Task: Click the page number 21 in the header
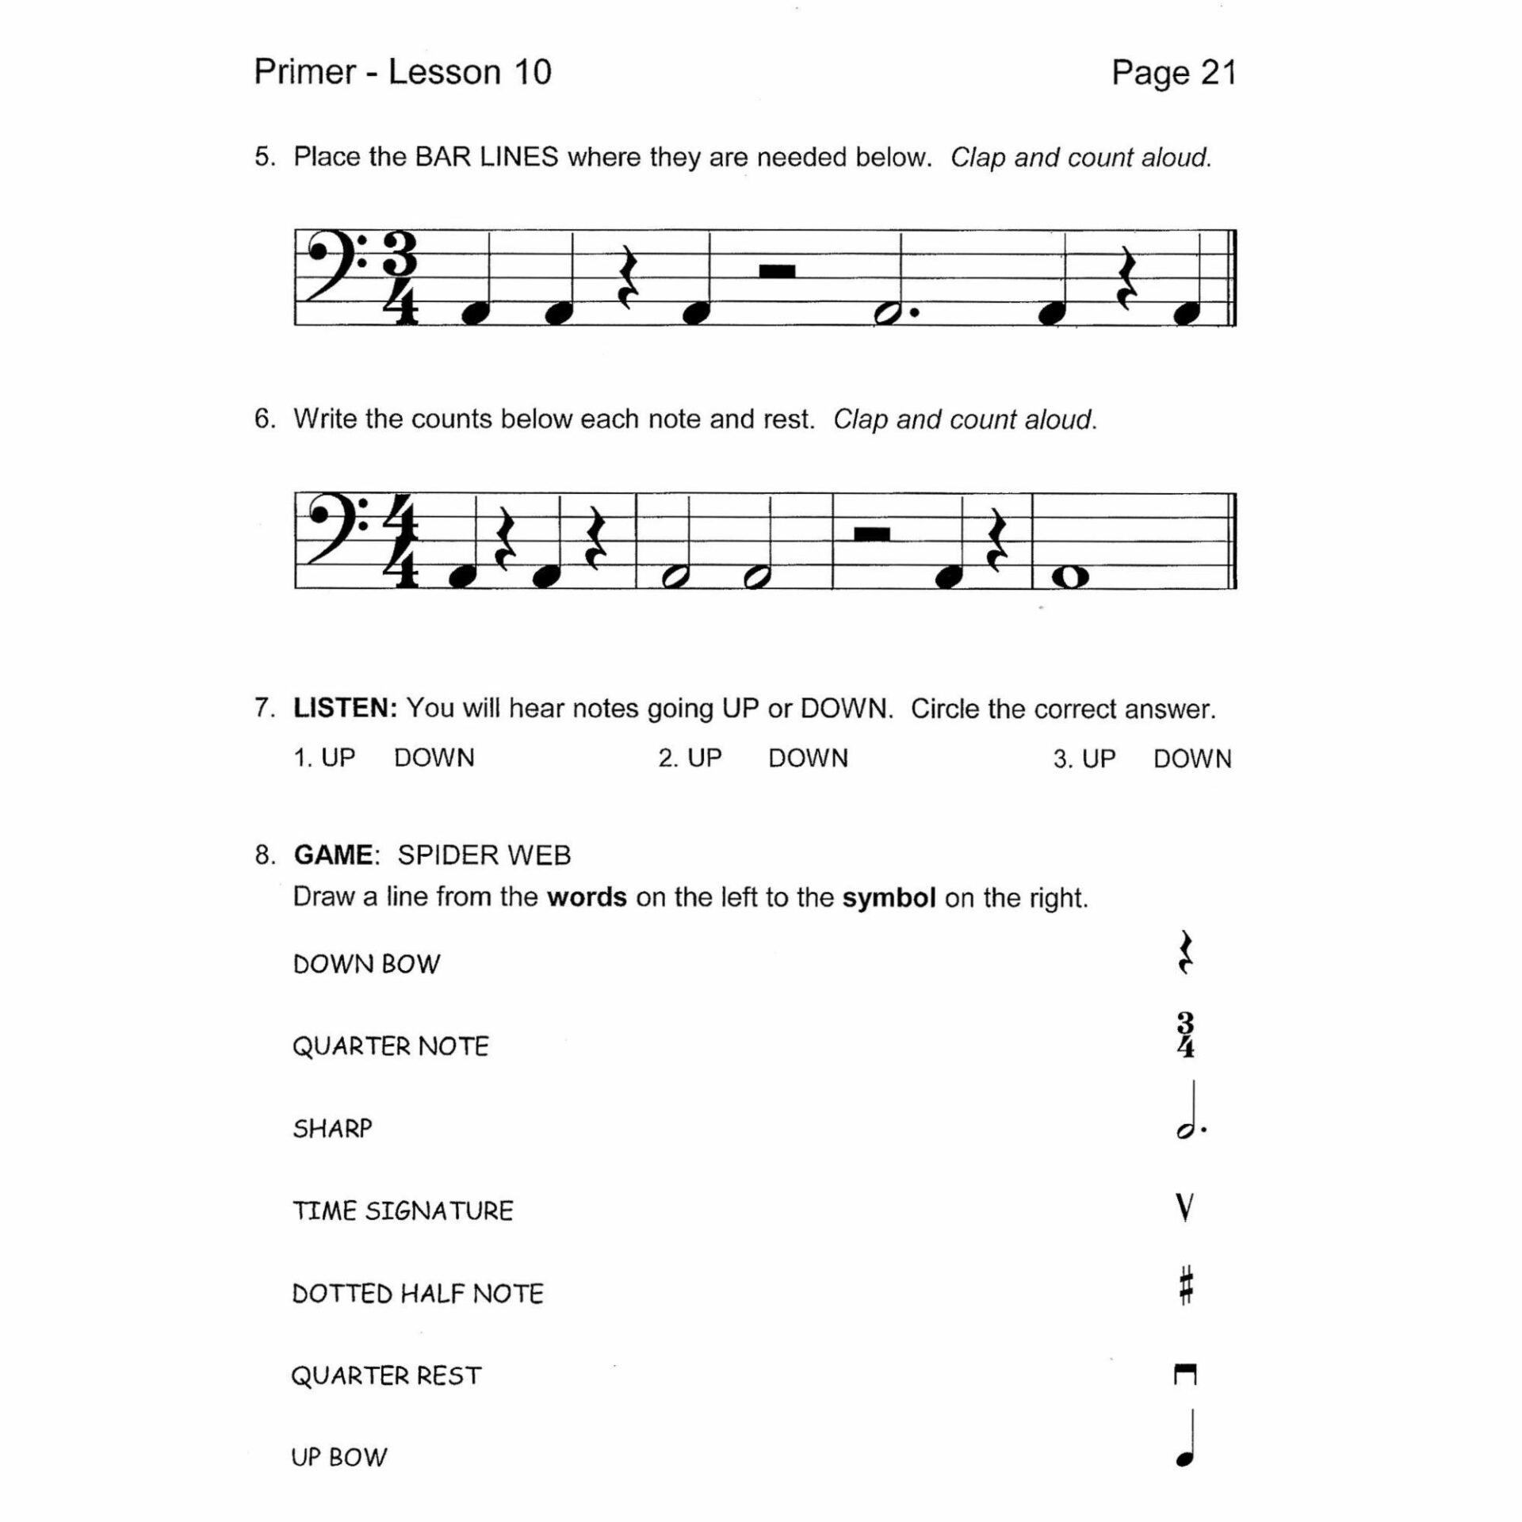point(1218,73)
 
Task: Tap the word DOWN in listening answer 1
point(434,758)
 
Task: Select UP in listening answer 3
point(1098,759)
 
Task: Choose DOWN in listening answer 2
point(808,758)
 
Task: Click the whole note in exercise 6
point(1070,578)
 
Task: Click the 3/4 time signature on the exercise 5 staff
point(403,277)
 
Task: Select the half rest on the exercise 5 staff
point(777,272)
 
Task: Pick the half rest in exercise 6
point(872,534)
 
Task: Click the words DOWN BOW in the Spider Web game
point(366,964)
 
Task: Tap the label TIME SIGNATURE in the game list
point(403,1210)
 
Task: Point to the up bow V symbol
point(1185,1207)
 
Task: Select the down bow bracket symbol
point(1185,1375)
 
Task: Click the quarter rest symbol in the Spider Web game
point(1186,953)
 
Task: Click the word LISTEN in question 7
point(345,708)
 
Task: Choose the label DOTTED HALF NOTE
point(418,1294)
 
